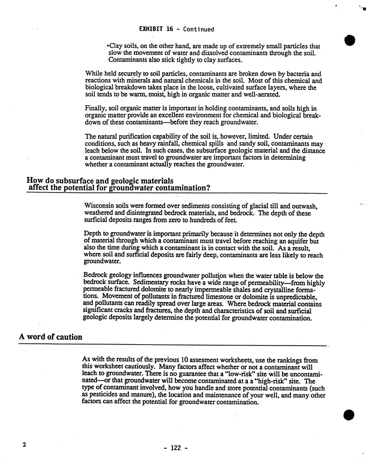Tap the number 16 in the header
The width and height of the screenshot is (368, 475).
170,29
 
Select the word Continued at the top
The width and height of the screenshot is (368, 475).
198,29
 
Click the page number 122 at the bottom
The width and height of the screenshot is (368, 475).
176,448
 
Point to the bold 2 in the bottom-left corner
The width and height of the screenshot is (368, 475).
24,444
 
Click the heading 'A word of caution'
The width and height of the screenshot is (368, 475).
50,337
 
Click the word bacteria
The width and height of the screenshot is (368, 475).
294,74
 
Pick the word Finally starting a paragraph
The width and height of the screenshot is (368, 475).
96,109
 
